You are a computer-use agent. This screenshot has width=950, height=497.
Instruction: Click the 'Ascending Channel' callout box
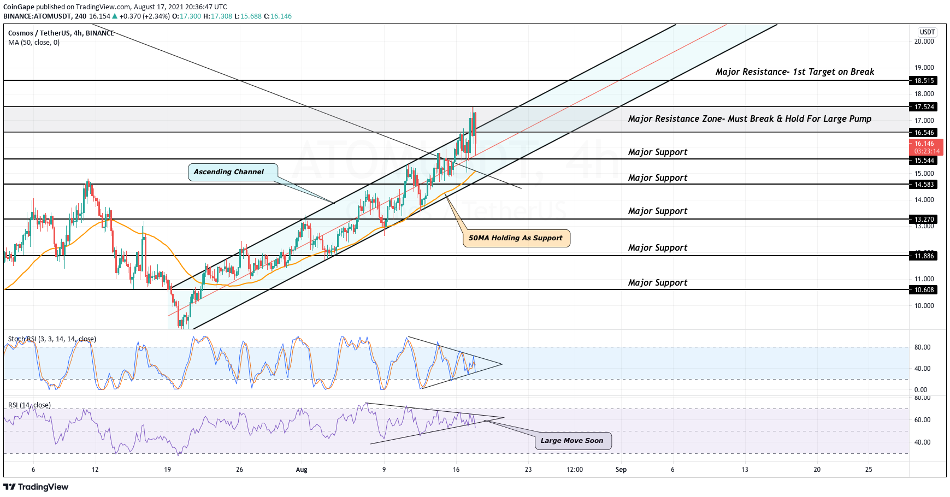click(232, 172)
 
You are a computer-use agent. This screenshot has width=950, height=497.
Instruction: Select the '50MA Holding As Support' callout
click(516, 238)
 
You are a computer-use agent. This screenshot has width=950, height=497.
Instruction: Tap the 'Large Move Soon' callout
click(573, 441)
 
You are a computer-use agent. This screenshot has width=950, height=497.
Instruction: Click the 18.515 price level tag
click(924, 81)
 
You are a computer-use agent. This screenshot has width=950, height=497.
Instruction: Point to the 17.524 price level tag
click(924, 107)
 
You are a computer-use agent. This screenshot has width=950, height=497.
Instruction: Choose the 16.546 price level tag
click(924, 133)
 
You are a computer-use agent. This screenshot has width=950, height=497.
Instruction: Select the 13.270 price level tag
click(924, 220)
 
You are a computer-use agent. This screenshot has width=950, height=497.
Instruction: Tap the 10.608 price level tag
click(924, 290)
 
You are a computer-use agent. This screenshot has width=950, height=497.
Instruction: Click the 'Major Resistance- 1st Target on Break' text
click(794, 72)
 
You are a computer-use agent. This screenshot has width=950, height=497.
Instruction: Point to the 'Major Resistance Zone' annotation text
click(750, 119)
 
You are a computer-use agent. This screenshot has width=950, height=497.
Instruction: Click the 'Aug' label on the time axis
click(302, 470)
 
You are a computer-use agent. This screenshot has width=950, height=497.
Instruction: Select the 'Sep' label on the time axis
click(621, 470)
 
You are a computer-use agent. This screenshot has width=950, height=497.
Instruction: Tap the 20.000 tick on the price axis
click(924, 42)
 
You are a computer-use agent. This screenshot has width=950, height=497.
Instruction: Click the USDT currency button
click(927, 32)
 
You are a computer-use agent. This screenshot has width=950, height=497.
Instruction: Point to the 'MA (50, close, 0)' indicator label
click(34, 43)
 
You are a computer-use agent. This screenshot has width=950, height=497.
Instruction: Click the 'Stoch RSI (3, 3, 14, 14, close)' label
click(52, 339)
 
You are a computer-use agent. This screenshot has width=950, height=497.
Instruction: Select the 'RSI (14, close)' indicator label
click(29, 405)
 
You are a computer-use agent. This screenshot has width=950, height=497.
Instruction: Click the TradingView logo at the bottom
click(36, 487)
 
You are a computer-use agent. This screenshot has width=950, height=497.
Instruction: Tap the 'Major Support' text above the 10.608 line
click(658, 283)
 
